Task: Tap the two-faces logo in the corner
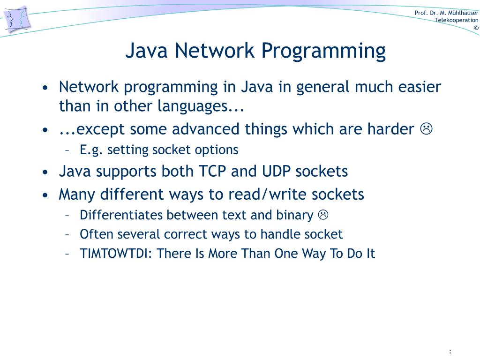pyautogui.click(x=17, y=20)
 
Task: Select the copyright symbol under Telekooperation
pyautogui.click(x=476, y=28)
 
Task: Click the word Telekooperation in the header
pyautogui.click(x=456, y=20)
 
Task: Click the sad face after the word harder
pyautogui.click(x=426, y=128)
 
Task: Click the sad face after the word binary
pyautogui.click(x=323, y=215)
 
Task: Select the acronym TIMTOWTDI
pyautogui.click(x=116, y=254)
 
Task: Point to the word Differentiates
pyautogui.click(x=121, y=215)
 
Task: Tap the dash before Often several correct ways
pyautogui.click(x=67, y=234)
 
